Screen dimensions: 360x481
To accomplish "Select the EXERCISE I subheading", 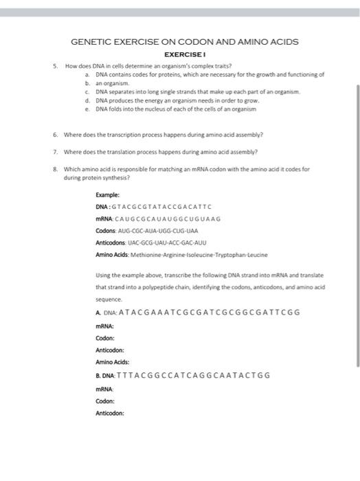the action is click(185, 54).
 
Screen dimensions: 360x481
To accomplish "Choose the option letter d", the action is click(87, 100).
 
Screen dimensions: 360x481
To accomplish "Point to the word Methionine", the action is click(148, 255).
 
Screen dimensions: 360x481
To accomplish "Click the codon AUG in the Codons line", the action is click(125, 231).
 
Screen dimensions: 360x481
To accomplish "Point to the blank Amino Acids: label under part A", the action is click(113, 361).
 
